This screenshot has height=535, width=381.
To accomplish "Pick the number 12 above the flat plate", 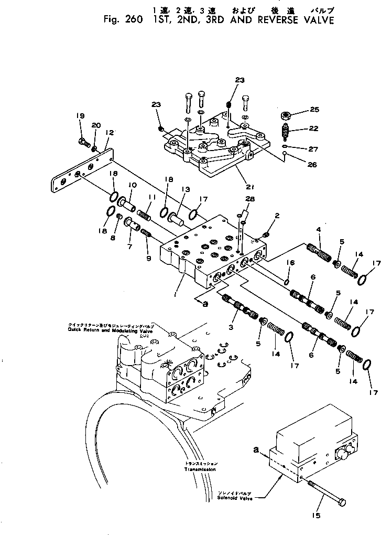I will tap(109, 133).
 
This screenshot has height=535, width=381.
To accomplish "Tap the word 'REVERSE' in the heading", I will tap(275, 21).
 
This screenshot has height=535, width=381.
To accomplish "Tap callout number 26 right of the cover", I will tap(312, 165).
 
